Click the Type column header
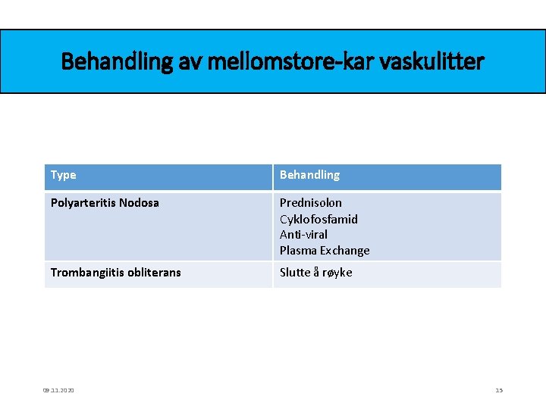coord(64,175)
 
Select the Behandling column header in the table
coord(309,175)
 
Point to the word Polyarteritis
coord(82,203)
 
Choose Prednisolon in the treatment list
coord(310,203)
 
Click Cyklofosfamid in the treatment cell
coord(318,219)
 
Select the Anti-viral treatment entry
coord(303,235)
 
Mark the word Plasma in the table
coord(298,251)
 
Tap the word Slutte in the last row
coord(296,273)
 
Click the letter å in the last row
coord(318,273)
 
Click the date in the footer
coord(58,390)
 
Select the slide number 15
coord(499,390)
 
